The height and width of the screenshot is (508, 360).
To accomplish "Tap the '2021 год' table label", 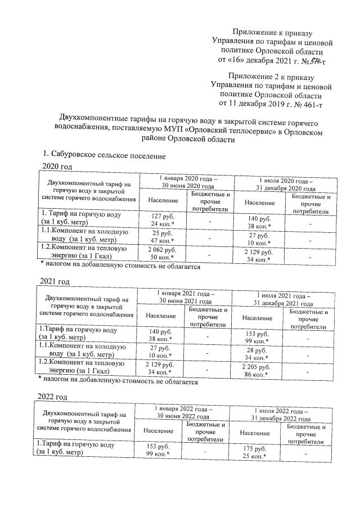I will pyautogui.click(x=55, y=281).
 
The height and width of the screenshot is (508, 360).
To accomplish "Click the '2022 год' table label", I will pyautogui.click(x=55, y=397).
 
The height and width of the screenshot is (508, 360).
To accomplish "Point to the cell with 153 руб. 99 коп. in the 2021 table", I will pyautogui.click(x=258, y=335).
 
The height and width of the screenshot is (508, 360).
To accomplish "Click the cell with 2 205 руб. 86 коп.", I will pyautogui.click(x=258, y=370).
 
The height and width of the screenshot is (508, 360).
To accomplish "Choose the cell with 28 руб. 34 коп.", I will pyautogui.click(x=258, y=353).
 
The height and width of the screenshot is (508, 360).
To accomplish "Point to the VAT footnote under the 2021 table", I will pyautogui.click(x=118, y=382).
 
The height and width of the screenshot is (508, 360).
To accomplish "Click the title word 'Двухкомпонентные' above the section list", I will pyautogui.click(x=96, y=119).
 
